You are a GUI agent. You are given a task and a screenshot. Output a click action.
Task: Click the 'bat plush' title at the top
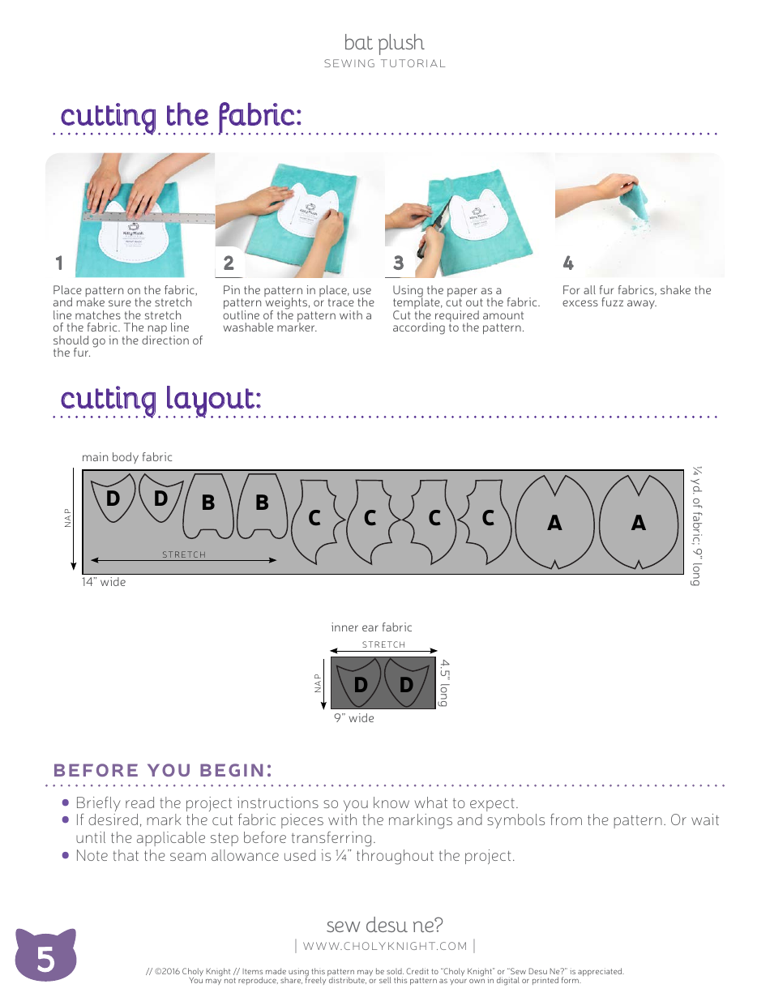[384, 43]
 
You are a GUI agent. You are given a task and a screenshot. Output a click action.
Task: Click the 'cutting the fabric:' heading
[182, 115]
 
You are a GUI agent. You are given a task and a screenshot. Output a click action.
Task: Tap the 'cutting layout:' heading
[160, 399]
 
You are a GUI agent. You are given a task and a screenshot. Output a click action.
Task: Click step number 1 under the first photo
[58, 263]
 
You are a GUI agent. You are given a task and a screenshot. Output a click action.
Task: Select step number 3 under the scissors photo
[398, 263]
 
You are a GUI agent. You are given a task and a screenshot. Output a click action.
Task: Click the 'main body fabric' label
[126, 457]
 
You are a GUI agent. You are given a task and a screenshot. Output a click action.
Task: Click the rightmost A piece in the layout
[639, 523]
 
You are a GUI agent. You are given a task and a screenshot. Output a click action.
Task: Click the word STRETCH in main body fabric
[184, 554]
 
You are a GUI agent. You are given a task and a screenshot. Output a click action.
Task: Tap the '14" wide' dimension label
[103, 582]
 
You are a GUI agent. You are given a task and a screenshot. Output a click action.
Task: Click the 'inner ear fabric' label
[371, 627]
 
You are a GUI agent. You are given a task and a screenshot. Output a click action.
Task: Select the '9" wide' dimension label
[354, 718]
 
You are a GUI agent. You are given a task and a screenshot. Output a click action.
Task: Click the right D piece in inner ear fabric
[406, 685]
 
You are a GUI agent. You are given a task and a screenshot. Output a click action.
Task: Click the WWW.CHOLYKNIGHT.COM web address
[385, 946]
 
